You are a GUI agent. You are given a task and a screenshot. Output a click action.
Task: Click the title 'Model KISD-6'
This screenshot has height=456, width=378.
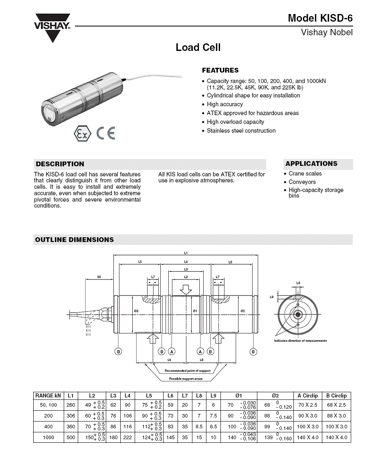coord(320,18)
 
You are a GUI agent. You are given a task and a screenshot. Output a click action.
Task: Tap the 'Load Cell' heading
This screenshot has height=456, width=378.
coord(198,47)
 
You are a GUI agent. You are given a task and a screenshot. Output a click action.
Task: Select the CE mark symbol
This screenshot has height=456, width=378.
coord(106,133)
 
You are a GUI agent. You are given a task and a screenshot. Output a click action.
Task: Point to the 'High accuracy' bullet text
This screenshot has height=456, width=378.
coord(225,104)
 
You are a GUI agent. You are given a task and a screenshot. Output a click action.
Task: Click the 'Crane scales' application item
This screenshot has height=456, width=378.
coord(305,174)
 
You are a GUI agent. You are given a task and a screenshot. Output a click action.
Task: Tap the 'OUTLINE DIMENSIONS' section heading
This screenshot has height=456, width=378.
coord(75,240)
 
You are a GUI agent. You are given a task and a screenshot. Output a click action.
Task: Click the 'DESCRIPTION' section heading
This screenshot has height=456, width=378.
coord(60,164)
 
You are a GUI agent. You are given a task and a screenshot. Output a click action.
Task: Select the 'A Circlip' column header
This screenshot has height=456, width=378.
coord(307,395)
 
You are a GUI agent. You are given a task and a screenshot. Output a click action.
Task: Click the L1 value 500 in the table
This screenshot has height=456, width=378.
coord(71,438)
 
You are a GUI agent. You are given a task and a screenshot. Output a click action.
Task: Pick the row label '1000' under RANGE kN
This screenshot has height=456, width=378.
coord(49,438)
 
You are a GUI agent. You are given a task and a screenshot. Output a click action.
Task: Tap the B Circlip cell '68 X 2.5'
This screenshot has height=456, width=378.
coord(336,405)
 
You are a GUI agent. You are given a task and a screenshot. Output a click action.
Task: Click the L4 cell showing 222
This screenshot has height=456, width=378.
coord(127,438)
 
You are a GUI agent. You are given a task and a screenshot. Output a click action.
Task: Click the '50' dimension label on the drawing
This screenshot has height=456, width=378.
coord(99,277)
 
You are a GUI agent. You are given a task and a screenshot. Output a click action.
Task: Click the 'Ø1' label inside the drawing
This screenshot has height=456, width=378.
coord(195,311)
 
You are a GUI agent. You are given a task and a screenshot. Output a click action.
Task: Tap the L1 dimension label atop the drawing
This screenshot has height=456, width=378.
coord(186,253)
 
